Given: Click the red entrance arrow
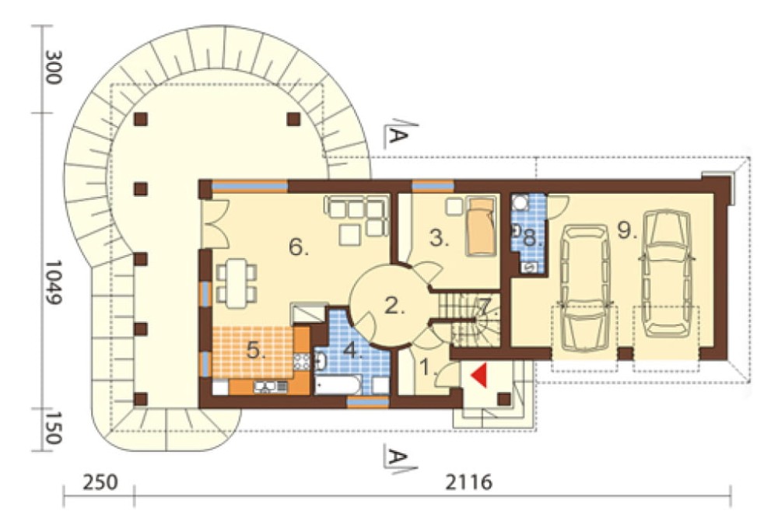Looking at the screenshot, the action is pos(480,375).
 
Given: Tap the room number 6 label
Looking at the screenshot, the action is pos(299,247).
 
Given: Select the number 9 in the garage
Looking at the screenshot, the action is pos(627,229).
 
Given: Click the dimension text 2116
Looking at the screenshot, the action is pos(468,481).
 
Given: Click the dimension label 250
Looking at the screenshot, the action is pos(100,482).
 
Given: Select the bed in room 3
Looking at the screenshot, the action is pos(481,227).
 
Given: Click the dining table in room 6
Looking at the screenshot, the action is pos(237,282).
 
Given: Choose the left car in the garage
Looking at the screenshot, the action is pos(584,288).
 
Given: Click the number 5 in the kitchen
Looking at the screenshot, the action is pos(255,351).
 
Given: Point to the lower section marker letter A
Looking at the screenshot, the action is pos(397,457).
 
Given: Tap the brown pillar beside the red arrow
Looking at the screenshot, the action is pos(505,400).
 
